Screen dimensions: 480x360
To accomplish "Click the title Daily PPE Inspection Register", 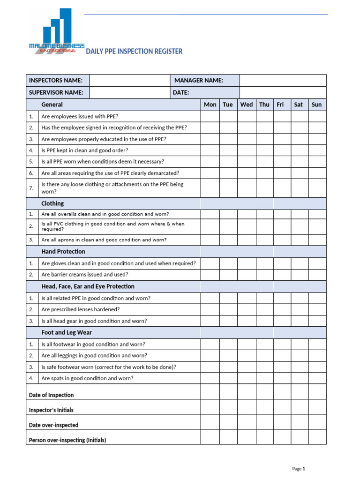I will pyautogui.click(x=134, y=51).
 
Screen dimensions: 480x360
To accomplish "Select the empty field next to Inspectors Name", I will pyautogui.click(x=129, y=80).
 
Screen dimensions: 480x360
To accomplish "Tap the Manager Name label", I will pyautogui.click(x=199, y=80).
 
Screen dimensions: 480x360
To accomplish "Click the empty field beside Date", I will pyautogui.click(x=283, y=92).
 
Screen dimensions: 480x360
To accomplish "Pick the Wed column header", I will pyautogui.click(x=246, y=105).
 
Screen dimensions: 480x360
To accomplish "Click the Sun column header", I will pyautogui.click(x=317, y=105).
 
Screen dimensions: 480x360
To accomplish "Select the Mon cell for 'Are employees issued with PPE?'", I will pyautogui.click(x=210, y=116).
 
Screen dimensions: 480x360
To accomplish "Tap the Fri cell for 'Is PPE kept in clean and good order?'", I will pyautogui.click(x=282, y=150).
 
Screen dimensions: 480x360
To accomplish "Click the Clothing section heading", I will pyautogui.click(x=52, y=203).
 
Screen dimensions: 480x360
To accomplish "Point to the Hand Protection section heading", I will pyautogui.click(x=63, y=252).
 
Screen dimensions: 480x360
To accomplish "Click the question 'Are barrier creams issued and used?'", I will pyautogui.click(x=84, y=275).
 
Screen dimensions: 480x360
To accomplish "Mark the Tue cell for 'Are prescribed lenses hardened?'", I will pyautogui.click(x=228, y=309).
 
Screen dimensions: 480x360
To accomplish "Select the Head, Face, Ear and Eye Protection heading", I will pyautogui.click(x=88, y=286).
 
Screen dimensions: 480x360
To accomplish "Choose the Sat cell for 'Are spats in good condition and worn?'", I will pyautogui.click(x=299, y=378).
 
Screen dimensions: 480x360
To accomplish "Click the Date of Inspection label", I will pyautogui.click(x=51, y=395).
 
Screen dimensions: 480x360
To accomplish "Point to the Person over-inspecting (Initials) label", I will pyautogui.click(x=67, y=440).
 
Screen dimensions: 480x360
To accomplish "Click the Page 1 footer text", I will pyautogui.click(x=299, y=468).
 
